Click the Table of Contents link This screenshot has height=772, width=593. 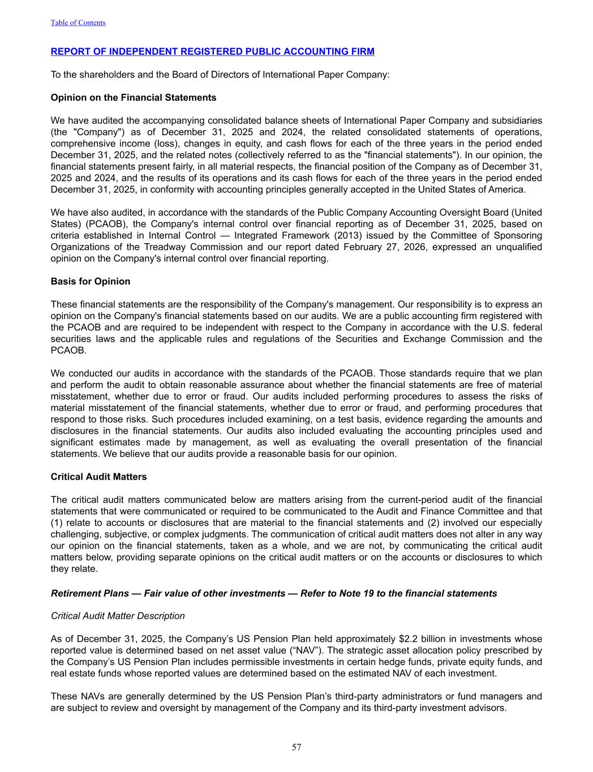(x=78, y=23)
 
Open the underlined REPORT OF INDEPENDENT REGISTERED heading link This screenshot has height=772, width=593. (x=212, y=51)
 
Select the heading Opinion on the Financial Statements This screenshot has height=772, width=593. (x=134, y=97)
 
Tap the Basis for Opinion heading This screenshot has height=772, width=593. (x=91, y=281)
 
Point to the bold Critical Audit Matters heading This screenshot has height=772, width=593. (x=98, y=477)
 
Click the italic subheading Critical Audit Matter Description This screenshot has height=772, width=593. (x=118, y=615)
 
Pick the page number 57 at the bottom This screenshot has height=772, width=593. (x=296, y=747)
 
